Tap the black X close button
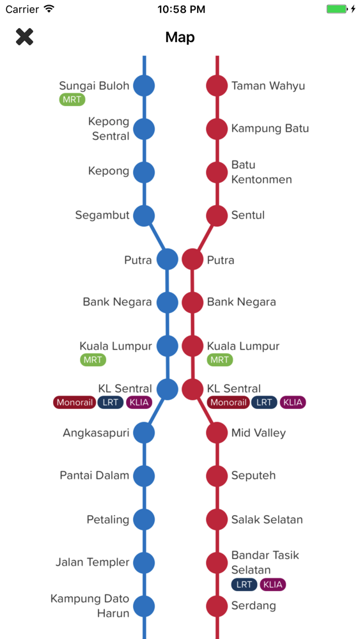pyautogui.click(x=24, y=37)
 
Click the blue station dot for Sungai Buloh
pyautogui.click(x=144, y=86)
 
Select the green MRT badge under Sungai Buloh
pyautogui.click(x=72, y=100)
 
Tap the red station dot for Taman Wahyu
pyautogui.click(x=217, y=86)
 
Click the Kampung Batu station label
pyautogui.click(x=270, y=128)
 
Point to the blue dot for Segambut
pyautogui.click(x=144, y=215)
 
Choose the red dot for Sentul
pyautogui.click(x=217, y=215)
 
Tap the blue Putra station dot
pyautogui.click(x=168, y=259)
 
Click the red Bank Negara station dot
pyautogui.click(x=192, y=302)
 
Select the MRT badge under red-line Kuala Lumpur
pyautogui.click(x=220, y=360)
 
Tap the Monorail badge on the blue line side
pyautogui.click(x=75, y=403)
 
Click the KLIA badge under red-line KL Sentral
pyautogui.click(x=293, y=403)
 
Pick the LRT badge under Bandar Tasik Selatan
pyautogui.click(x=244, y=585)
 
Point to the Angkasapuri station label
pyautogui.click(x=96, y=433)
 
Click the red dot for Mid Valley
pyautogui.click(x=217, y=433)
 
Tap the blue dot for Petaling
pyautogui.click(x=144, y=520)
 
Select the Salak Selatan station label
pyautogui.click(x=267, y=520)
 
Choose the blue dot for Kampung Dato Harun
pyautogui.click(x=144, y=606)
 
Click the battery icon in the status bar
pyautogui.click(x=338, y=9)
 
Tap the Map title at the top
pyautogui.click(x=180, y=38)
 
